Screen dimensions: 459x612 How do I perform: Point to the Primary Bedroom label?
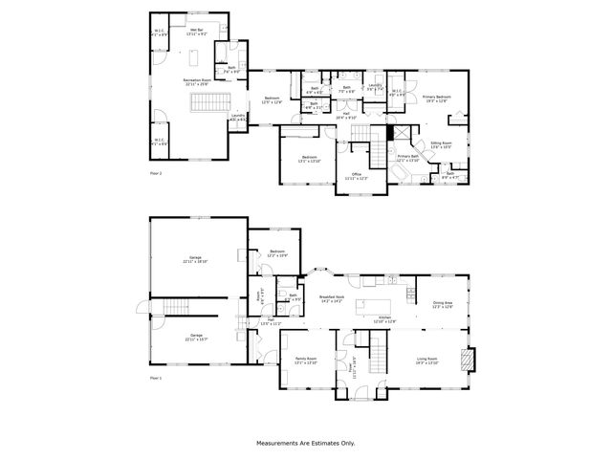point(437,98)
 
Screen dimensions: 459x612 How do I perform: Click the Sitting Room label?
point(441,144)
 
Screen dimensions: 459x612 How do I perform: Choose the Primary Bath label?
point(409,158)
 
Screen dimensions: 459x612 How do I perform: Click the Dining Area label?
point(442,305)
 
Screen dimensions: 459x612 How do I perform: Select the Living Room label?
point(426,361)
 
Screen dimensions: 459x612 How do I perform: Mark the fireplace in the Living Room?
point(467,361)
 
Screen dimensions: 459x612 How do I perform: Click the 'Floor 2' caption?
point(157,173)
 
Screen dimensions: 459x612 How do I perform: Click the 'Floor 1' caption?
point(157,379)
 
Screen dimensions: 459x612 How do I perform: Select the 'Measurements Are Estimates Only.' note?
point(305,443)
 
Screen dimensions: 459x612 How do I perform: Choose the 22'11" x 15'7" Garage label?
point(195,337)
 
